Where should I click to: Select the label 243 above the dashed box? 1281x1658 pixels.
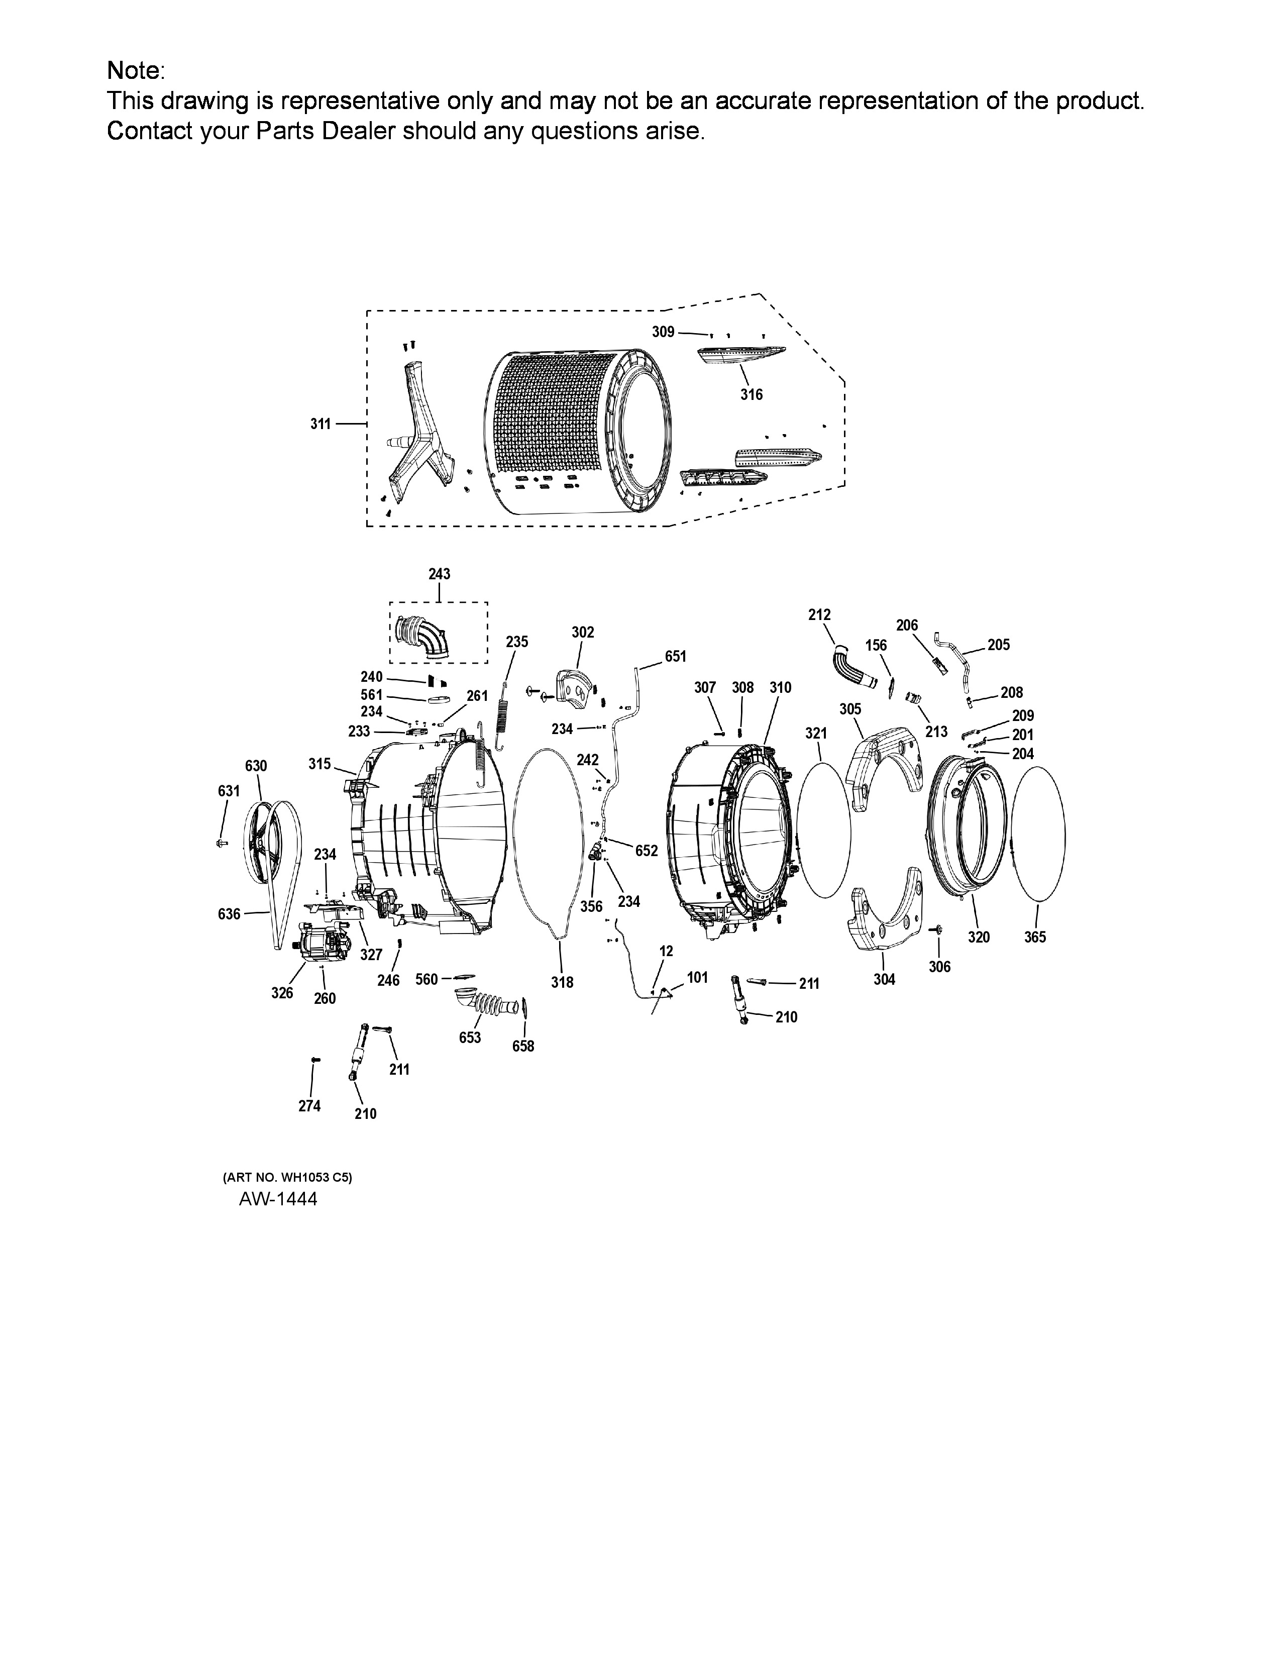pyautogui.click(x=440, y=574)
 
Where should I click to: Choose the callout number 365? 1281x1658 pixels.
pyautogui.click(x=1035, y=937)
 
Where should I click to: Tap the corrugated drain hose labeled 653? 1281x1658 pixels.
pyautogui.click(x=486, y=1000)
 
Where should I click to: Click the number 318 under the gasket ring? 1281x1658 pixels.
pyautogui.click(x=562, y=982)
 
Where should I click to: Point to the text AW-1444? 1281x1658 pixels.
pyautogui.click(x=278, y=1199)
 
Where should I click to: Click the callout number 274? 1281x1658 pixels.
pyautogui.click(x=309, y=1106)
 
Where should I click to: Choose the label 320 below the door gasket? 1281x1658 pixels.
pyautogui.click(x=979, y=937)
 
